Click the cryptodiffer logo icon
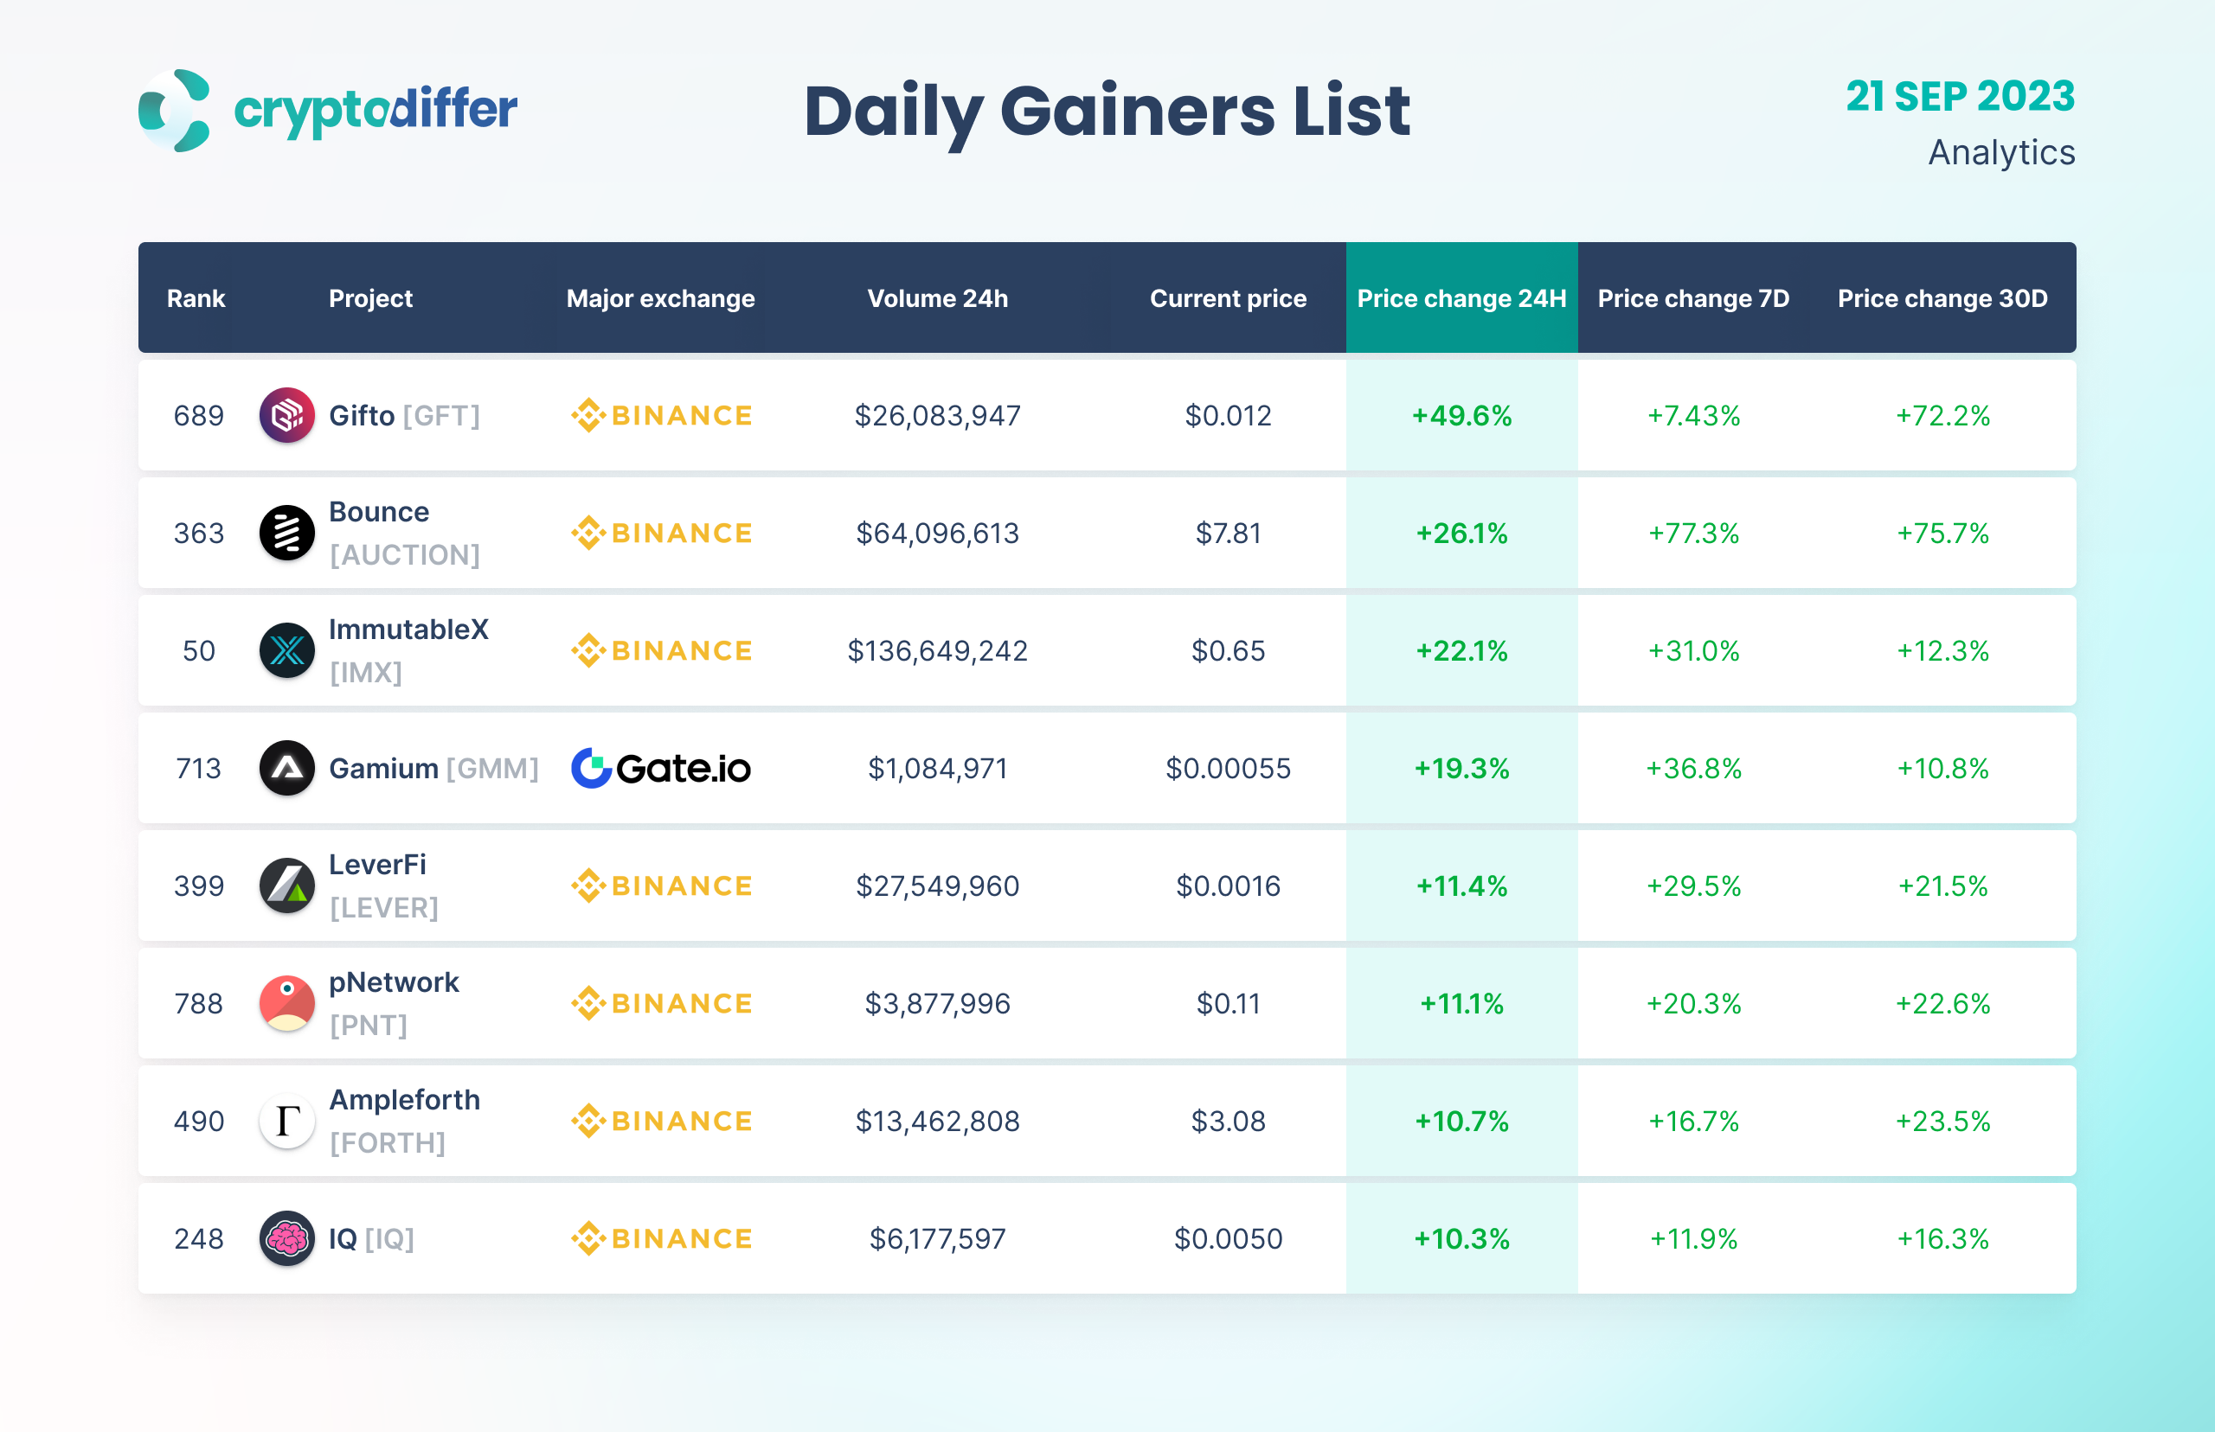pos(175,110)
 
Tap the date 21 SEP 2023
pos(1959,97)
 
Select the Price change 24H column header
pos(1461,298)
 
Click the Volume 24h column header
pos(937,298)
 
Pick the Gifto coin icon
pos(286,415)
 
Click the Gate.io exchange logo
pos(660,768)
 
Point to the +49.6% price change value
pos(1461,416)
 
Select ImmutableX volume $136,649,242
pos(937,651)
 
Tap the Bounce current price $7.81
pos(1228,533)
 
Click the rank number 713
pos(198,768)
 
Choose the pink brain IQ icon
pos(286,1237)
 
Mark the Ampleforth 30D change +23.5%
pos(1942,1122)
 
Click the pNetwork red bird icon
pos(286,1003)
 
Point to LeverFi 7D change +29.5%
pos(1693,886)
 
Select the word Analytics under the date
pos(2001,152)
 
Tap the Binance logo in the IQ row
pos(660,1238)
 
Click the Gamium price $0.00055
pos(1228,768)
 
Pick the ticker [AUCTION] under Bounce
pos(405,555)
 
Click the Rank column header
pos(196,298)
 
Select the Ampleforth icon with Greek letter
pos(286,1121)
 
